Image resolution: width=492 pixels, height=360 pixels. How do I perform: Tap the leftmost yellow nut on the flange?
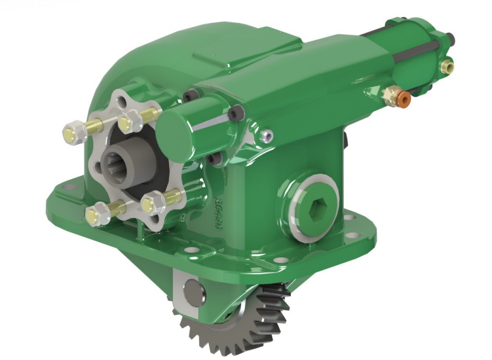click(70, 135)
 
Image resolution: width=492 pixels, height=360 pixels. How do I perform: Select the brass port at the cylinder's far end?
click(447, 65)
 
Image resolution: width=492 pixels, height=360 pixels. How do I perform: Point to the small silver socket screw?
click(266, 135)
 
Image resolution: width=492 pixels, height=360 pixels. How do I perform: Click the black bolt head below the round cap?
click(211, 159)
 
